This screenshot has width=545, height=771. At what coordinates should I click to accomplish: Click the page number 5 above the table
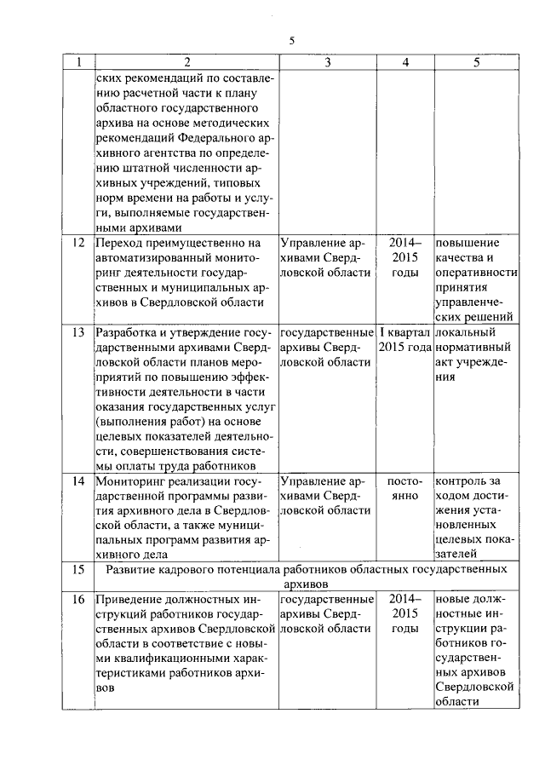(291, 40)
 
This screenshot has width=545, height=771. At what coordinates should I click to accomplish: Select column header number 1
(78, 62)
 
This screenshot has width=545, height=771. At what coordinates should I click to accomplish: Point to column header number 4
(404, 62)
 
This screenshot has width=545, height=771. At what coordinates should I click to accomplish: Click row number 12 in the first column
(78, 243)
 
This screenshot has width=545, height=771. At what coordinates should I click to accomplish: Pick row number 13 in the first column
(78, 331)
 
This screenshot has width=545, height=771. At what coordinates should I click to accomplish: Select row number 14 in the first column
(78, 480)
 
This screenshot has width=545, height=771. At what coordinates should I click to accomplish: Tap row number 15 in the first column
(78, 568)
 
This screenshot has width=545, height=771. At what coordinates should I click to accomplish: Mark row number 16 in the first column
(78, 599)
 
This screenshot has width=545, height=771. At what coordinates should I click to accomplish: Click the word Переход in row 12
(120, 243)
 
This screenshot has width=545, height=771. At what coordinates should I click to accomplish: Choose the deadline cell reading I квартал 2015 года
(404, 339)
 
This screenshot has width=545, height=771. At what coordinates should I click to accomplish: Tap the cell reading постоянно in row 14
(404, 487)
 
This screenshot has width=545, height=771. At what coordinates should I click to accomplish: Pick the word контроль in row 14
(461, 480)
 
